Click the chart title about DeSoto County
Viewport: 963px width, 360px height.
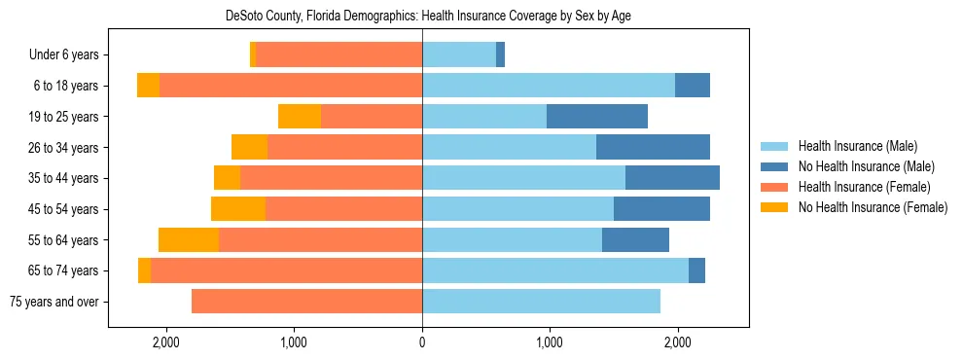tap(428, 17)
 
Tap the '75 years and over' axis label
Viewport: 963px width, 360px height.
tap(53, 302)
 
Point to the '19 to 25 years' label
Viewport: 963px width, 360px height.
tap(63, 117)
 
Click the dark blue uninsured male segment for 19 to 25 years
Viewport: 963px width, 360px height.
tap(597, 117)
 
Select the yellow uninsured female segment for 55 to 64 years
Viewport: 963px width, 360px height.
tap(189, 240)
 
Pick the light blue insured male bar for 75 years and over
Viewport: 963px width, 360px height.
tap(541, 302)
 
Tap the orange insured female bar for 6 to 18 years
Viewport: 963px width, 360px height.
tap(290, 86)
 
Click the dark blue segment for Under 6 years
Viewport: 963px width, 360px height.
tap(500, 55)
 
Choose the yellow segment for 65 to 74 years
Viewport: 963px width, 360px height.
tap(144, 270)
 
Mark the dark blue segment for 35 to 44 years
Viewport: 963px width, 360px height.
tap(672, 178)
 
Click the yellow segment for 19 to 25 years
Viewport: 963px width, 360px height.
tap(300, 117)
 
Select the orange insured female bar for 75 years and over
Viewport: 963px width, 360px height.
tap(306, 302)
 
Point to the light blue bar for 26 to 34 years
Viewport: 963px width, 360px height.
tap(509, 147)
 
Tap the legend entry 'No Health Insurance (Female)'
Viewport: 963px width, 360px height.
tap(873, 207)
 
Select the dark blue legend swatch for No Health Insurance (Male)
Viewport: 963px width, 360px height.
tap(774, 166)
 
